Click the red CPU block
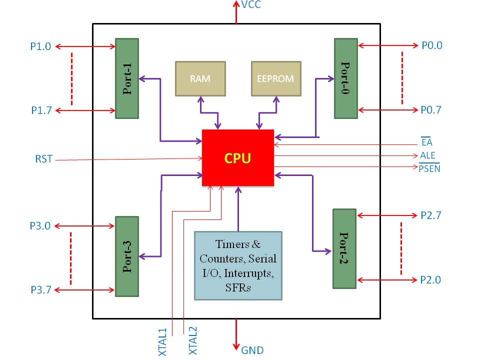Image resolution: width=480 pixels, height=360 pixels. [237, 158]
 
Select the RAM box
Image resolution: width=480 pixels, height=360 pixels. [200, 78]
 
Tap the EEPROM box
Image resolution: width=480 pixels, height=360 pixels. [276, 78]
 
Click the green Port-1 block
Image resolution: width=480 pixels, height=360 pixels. [126, 78]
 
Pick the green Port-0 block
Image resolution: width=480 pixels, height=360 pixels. [346, 78]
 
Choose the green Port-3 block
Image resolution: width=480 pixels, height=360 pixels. [126, 256]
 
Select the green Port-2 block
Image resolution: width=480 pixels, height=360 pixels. [344, 248]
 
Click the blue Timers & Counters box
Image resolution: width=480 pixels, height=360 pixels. [238, 265]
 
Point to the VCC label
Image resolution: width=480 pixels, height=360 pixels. [251, 5]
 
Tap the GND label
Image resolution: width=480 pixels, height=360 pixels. [252, 350]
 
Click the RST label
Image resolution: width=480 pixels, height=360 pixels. [43, 160]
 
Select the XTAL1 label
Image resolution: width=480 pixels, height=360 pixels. [162, 342]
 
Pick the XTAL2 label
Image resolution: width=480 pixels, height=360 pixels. [193, 340]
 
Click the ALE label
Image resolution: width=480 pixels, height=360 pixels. [427, 155]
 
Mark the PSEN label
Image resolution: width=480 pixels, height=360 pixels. [429, 169]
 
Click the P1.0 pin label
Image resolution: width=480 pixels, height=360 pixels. [40, 46]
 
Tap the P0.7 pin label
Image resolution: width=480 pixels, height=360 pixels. [431, 110]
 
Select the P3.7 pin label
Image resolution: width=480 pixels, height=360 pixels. [40, 290]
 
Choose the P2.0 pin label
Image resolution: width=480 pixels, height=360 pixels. [430, 280]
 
